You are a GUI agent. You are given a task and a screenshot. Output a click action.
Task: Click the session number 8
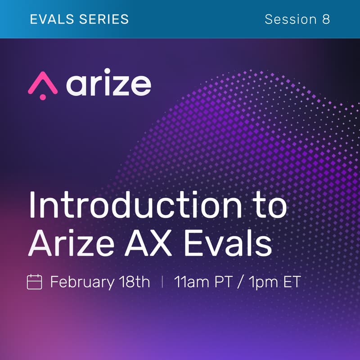click(326, 19)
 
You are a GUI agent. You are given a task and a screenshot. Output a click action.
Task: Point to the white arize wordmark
click(108, 85)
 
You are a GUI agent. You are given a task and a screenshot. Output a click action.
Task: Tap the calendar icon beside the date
click(35, 283)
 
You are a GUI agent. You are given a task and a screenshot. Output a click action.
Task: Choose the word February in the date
click(82, 283)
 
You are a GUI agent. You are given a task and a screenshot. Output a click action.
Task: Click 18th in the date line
click(134, 283)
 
